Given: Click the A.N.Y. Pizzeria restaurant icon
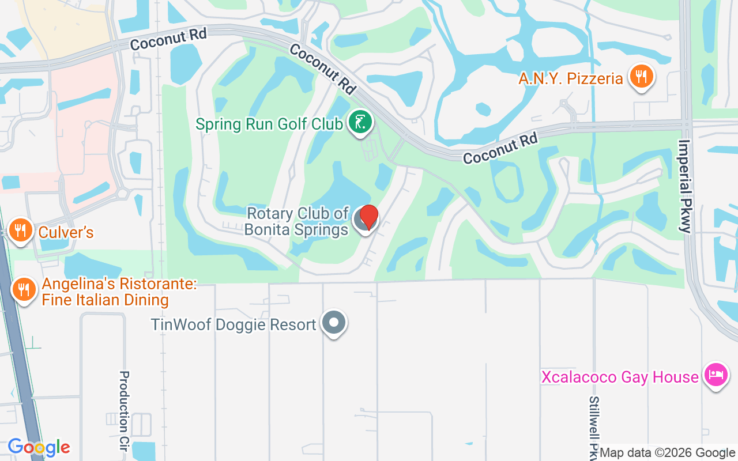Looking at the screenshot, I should tap(640, 77).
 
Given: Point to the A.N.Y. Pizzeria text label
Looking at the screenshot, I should tap(571, 78).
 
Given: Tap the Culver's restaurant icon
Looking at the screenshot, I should tap(21, 231).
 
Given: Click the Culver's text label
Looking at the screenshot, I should tap(66, 233).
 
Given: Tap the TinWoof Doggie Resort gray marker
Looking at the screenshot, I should tap(333, 323).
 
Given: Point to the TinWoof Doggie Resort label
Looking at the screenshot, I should tap(234, 324).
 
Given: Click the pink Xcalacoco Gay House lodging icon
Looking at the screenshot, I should tap(716, 375).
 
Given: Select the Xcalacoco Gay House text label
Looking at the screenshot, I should tap(620, 377).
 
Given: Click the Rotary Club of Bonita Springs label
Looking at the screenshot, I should tap(297, 221).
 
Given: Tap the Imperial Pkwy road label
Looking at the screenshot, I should tap(685, 186).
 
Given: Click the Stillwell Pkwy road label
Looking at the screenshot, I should tap(594, 426).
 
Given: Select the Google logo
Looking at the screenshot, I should tap(39, 447).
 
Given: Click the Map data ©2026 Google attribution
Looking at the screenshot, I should tap(667, 453).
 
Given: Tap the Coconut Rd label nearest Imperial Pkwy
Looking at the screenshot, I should tap(500, 148).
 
